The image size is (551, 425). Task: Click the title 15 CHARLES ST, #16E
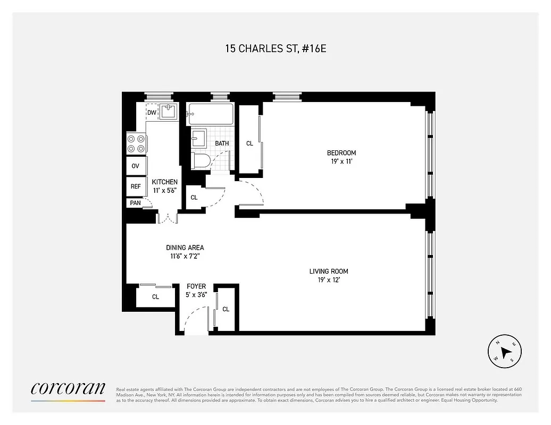(x=275, y=48)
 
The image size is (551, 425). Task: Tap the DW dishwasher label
(x=152, y=113)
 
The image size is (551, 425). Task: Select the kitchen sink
(x=169, y=111)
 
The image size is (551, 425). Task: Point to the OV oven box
(x=136, y=166)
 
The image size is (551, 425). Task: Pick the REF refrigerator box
(x=136, y=186)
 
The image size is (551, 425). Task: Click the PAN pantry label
(x=135, y=203)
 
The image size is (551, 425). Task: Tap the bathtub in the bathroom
(x=210, y=114)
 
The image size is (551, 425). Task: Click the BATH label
(x=222, y=143)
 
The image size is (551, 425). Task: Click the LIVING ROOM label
(x=329, y=271)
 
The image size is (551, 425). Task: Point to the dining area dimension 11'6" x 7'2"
(x=185, y=256)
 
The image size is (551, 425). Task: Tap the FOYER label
(x=196, y=286)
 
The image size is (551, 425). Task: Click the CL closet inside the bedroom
(x=249, y=143)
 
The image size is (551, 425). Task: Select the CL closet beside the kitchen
(x=194, y=198)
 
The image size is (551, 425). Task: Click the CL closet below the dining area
(x=155, y=297)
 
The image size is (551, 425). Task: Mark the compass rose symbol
(x=505, y=351)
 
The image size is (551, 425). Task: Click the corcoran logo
(x=68, y=389)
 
